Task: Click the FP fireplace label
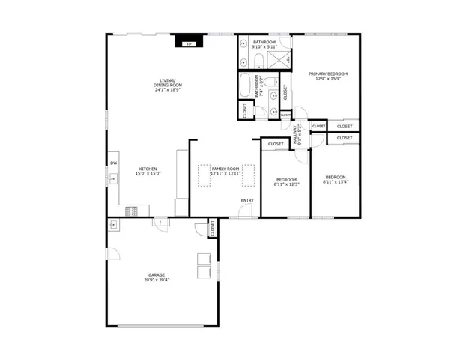pos(188,44)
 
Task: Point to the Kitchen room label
pos(146,169)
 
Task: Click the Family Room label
pos(225,169)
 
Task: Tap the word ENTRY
pos(246,200)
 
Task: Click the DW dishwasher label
pos(114,163)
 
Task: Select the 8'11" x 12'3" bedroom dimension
pos(287,184)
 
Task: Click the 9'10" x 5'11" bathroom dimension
pos(265,47)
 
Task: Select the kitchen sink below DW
pos(113,179)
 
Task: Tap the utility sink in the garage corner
pos(112,224)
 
